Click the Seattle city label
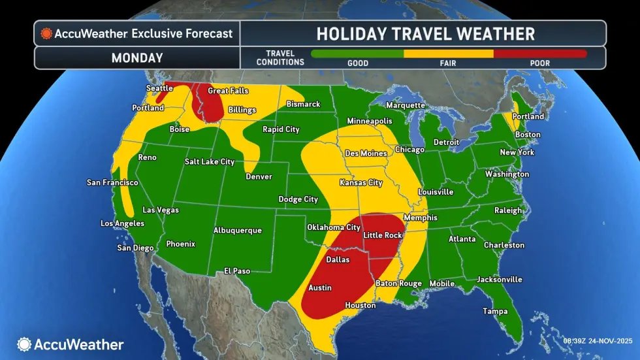[x=159, y=88]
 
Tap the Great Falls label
[x=227, y=91]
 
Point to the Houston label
[x=360, y=305]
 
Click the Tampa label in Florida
[x=495, y=311]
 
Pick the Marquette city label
[x=406, y=105]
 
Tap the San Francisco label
[x=112, y=182]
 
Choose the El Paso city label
[x=238, y=270]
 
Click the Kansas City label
[x=360, y=183]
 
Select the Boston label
[x=528, y=135]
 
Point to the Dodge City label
[x=298, y=199]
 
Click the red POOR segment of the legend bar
[x=540, y=54]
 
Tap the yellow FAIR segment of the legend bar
[x=449, y=54]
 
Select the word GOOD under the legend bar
[x=358, y=63]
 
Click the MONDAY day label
[x=136, y=57]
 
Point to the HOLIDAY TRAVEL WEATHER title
[x=425, y=33]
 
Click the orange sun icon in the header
[x=46, y=33]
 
